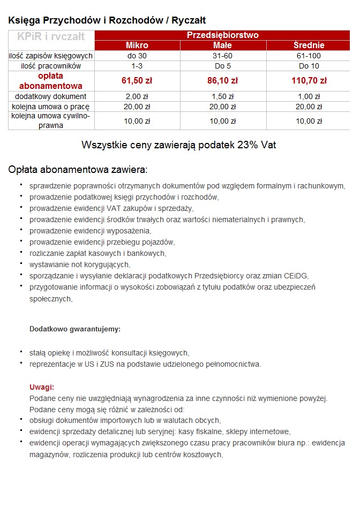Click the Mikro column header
pos(137,45)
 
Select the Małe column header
pos(222,45)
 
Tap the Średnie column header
pos(309,45)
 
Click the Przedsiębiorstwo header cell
pos(222,35)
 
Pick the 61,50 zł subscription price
pos(137,81)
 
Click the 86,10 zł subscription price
pos(222,81)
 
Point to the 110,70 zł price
pos(309,81)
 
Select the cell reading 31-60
pos(222,56)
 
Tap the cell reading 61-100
pos(309,56)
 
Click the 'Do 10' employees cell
pos(309,66)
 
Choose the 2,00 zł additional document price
pos(137,97)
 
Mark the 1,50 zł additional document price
pos(222,97)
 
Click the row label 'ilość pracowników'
pos(51,66)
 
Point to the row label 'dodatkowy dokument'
pos(51,97)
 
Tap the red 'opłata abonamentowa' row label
pos(51,81)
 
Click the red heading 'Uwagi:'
pos(42,387)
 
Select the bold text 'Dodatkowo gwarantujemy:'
pos(75,329)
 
